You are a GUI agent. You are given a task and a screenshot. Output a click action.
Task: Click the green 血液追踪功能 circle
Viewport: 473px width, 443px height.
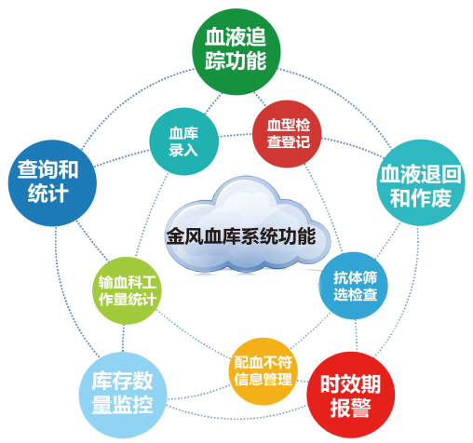click(x=236, y=50)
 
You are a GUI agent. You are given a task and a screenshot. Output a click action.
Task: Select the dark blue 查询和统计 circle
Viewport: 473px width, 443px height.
click(x=52, y=182)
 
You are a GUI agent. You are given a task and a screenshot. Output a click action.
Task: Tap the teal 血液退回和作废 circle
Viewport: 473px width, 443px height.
click(x=421, y=182)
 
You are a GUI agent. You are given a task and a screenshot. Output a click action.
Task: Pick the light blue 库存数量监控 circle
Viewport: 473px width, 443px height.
click(x=123, y=395)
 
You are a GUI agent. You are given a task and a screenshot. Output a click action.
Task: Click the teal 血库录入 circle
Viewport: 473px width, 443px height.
click(x=184, y=141)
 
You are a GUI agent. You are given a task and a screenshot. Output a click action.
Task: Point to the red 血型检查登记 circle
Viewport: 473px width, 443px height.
click(x=287, y=134)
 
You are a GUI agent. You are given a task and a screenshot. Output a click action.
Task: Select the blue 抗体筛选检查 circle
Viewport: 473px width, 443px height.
click(x=354, y=286)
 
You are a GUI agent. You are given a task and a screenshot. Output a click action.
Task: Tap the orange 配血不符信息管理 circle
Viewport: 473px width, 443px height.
click(x=264, y=371)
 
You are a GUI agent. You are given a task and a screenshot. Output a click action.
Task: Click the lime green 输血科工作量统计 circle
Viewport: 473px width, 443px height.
click(x=128, y=290)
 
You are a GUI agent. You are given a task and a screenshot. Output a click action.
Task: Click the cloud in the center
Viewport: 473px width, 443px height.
click(x=248, y=224)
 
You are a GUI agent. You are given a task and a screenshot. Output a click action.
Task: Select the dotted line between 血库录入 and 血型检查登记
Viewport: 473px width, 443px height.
click(x=236, y=135)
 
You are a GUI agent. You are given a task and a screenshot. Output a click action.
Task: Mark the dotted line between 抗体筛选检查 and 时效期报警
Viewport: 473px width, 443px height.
click(x=356, y=336)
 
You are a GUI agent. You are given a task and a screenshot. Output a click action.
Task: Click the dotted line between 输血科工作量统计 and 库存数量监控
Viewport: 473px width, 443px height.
click(x=124, y=338)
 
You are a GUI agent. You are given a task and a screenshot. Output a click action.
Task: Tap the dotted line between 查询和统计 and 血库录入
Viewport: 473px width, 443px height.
click(x=122, y=158)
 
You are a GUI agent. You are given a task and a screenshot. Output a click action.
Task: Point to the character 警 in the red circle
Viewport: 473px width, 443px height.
click(x=361, y=408)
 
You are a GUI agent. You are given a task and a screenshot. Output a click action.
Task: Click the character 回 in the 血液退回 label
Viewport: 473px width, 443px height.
click(x=451, y=174)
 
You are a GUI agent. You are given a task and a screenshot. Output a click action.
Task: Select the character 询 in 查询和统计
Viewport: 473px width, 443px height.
click(x=47, y=170)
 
